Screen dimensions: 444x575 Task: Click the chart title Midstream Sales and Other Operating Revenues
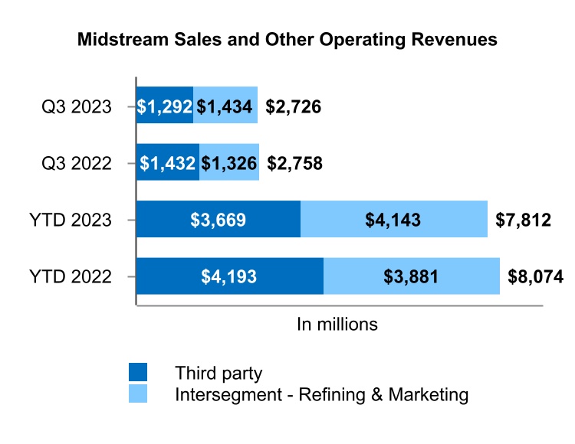[287, 40]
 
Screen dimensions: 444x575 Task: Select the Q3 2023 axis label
[77, 107]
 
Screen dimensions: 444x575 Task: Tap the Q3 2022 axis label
[77, 163]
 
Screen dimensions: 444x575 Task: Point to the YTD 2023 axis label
[71, 220]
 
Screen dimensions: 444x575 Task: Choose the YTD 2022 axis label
[71, 276]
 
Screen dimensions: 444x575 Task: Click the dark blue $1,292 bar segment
[164, 107]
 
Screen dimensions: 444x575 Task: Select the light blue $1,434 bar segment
[225, 107]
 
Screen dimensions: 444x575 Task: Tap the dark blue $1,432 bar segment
[167, 163]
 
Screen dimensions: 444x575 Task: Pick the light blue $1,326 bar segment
[229, 163]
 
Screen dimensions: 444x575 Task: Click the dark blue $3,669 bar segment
[219, 220]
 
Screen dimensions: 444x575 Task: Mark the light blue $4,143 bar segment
[394, 220]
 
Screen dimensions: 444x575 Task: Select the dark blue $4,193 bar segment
[230, 276]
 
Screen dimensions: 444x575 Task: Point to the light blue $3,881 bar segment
[411, 276]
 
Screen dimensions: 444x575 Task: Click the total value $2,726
[293, 107]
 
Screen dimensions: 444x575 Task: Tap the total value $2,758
[294, 163]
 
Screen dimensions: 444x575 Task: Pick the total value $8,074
[535, 276]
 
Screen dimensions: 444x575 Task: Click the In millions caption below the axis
[337, 324]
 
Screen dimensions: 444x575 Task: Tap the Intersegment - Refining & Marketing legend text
[321, 395]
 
